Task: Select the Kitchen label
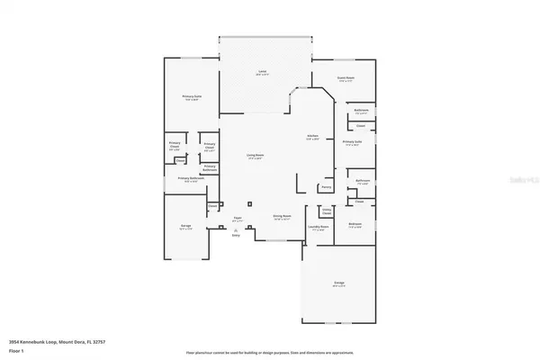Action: (312, 137)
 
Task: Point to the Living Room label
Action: (256, 156)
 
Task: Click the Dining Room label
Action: (282, 217)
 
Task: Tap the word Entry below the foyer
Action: (236, 236)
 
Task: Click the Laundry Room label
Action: (317, 227)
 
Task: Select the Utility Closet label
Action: (328, 211)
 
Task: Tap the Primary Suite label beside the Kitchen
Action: (352, 141)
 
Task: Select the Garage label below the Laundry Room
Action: (339, 283)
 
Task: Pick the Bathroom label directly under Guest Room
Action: (361, 112)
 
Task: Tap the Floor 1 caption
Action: (16, 351)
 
